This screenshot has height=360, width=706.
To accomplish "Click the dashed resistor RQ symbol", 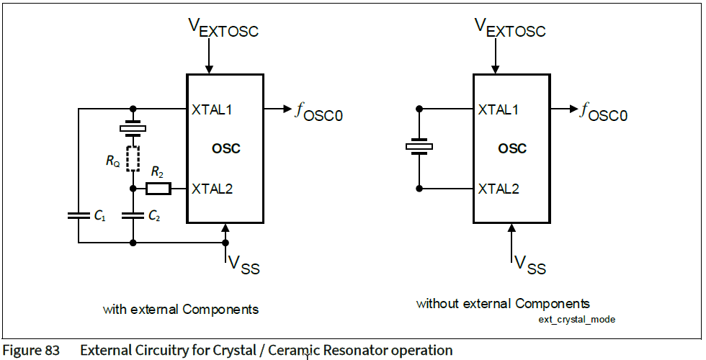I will tap(133, 158).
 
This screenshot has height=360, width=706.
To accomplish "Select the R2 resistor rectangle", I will tap(158, 189).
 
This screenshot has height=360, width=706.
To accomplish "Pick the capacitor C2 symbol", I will tap(133, 215).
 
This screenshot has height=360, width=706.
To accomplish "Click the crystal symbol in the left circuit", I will tap(133, 129).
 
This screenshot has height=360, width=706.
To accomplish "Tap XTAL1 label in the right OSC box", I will tap(499, 110).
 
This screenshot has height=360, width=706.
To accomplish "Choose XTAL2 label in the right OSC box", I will tap(499, 189).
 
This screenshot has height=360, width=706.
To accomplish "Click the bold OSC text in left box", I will tap(226, 149).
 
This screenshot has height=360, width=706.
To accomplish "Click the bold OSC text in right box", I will tap(512, 149).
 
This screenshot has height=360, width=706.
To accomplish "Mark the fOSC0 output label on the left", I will tap(318, 112).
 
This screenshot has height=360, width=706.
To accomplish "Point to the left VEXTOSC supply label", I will tap(223, 27).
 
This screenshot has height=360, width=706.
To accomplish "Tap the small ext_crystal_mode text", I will tap(577, 319).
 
